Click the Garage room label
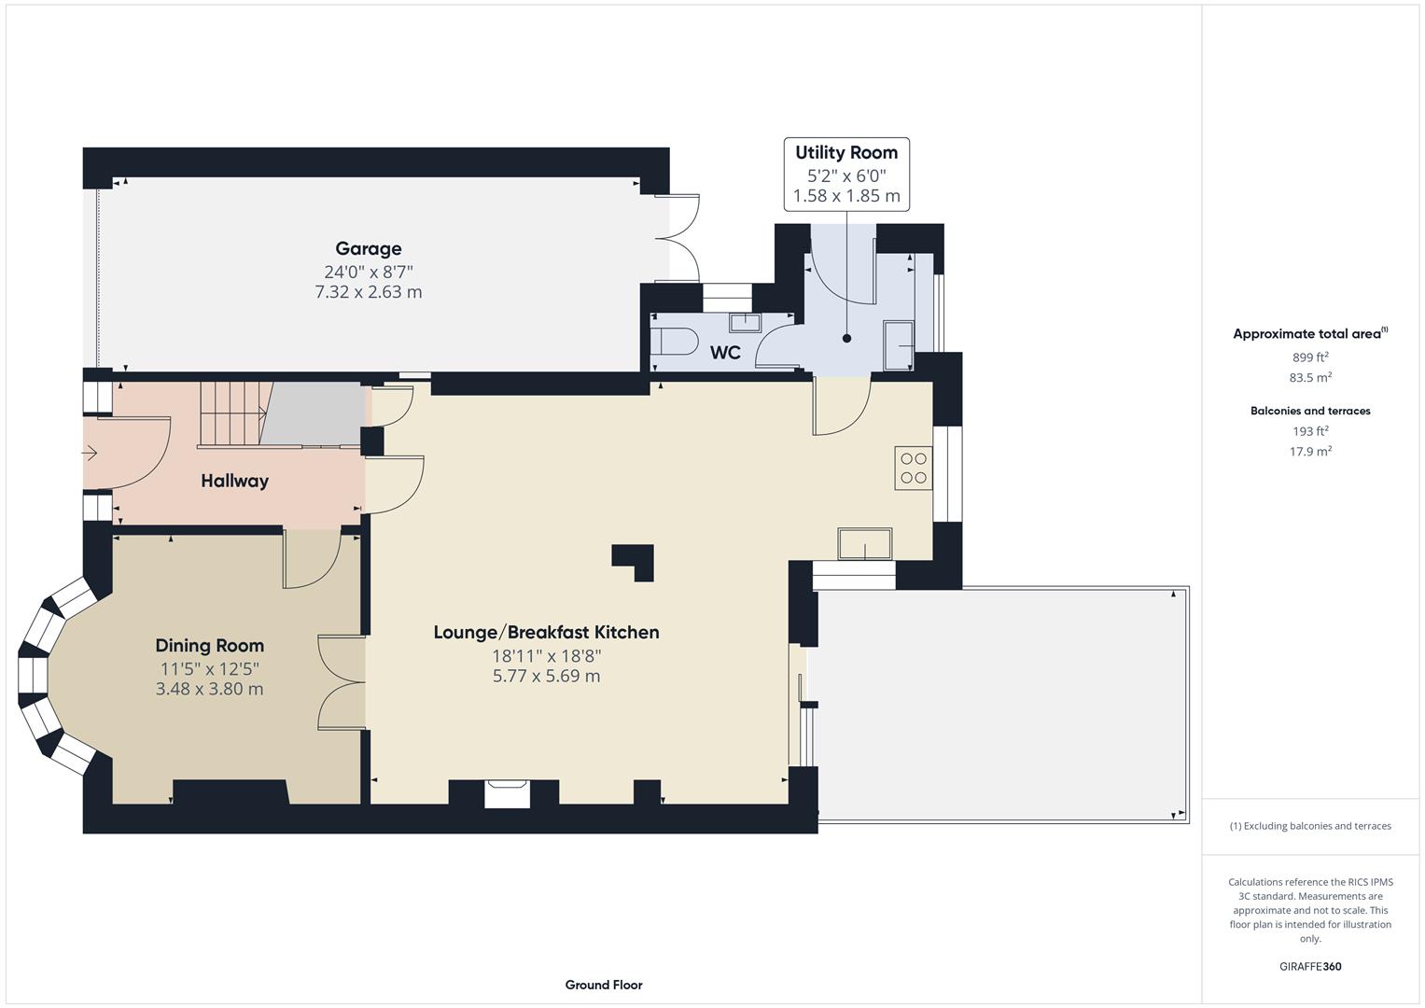point(369,248)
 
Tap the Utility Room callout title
point(845,152)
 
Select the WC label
point(725,353)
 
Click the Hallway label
point(234,481)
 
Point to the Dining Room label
point(209,646)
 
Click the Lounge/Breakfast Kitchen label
point(546,632)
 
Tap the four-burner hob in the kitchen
point(914,469)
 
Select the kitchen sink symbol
point(864,544)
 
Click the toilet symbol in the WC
point(676,341)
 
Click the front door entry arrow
point(90,454)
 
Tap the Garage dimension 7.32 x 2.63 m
point(369,292)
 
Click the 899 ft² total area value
point(1310,357)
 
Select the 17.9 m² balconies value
point(1310,452)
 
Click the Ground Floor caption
point(604,985)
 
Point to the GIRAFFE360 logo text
point(1310,966)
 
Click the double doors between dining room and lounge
point(342,682)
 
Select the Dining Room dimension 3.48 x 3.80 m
point(209,690)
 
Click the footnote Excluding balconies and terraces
point(1310,826)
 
